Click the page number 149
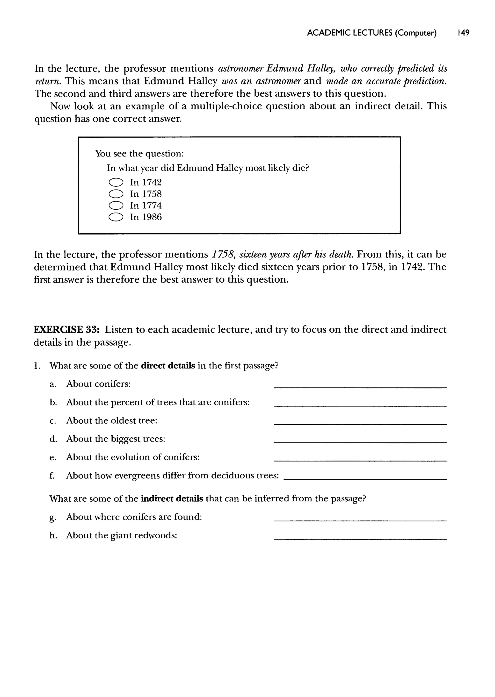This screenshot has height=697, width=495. pyautogui.click(x=463, y=33)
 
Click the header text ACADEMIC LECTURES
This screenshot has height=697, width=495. pyautogui.click(x=349, y=33)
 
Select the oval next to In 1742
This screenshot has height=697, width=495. pyautogui.click(x=116, y=182)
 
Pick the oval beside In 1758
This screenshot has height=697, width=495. pyautogui.click(x=116, y=194)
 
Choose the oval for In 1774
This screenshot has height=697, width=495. pyautogui.click(x=116, y=206)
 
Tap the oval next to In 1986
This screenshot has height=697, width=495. pyautogui.click(x=116, y=217)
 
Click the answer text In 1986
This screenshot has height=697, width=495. pyautogui.click(x=146, y=217)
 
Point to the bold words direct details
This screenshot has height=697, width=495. pyautogui.click(x=168, y=365)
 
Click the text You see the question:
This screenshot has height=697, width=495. pyautogui.click(x=139, y=153)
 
